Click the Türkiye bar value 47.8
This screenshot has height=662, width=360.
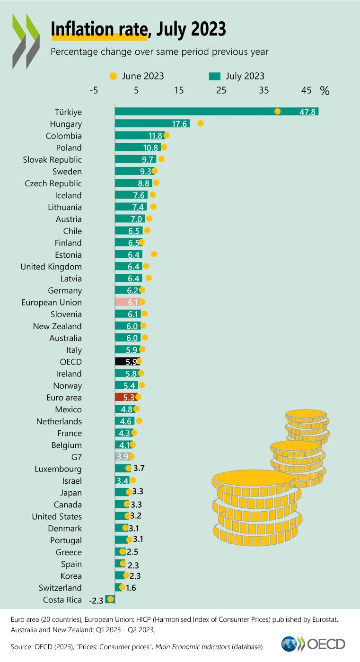pos(309,112)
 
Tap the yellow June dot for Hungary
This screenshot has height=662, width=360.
pos(200,123)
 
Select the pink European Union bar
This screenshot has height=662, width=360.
pos(127,302)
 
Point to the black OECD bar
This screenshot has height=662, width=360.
pos(127,362)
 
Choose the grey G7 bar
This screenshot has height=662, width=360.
pos(123,457)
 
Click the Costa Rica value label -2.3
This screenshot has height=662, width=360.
pos(96,601)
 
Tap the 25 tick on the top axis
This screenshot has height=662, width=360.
pos(221,90)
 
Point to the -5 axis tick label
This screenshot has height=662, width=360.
pos(93,90)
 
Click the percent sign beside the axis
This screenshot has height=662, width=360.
pos(325,91)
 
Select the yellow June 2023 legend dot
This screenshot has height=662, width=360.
pos(113,76)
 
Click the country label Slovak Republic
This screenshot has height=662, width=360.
pos(53,159)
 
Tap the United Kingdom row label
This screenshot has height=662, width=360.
pos(51,267)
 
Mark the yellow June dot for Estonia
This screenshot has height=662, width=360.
pos(154,254)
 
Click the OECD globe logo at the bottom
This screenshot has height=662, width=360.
pos(289,644)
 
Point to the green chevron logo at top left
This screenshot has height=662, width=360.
pos(26,40)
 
